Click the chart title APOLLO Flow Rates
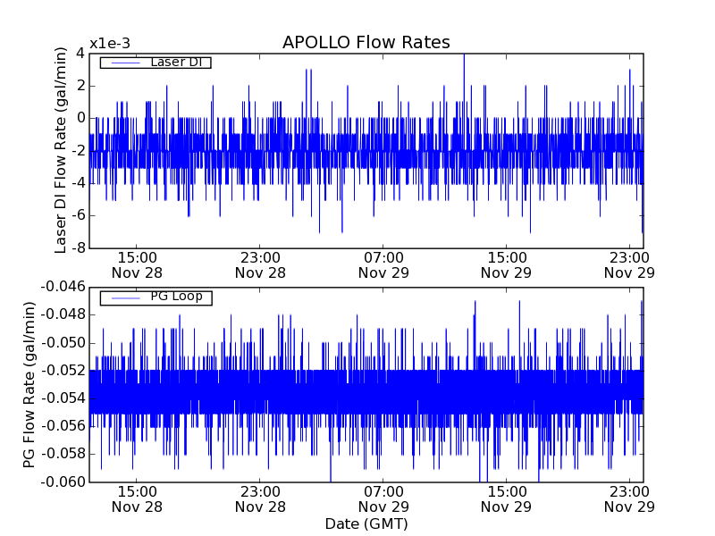tap(366, 43)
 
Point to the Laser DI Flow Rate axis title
tap(62, 150)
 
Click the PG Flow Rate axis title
tap(29, 384)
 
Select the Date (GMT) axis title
tap(366, 523)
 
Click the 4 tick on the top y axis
tap(80, 53)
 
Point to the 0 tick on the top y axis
tap(80, 118)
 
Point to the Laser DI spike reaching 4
tap(464, 55)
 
